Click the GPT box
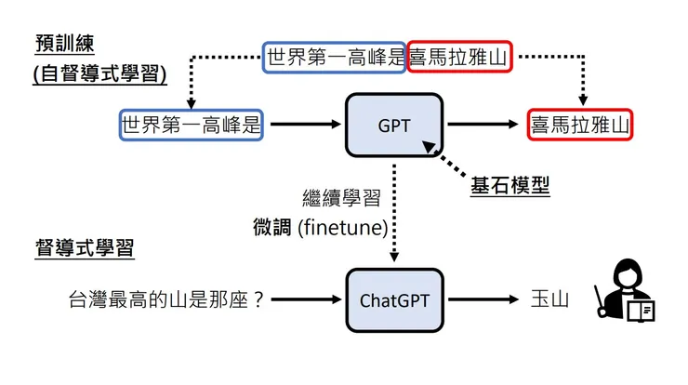pyautogui.click(x=394, y=125)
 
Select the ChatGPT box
pyautogui.click(x=394, y=299)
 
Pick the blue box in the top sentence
pyautogui.click(x=335, y=57)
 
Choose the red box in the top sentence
pyautogui.click(x=459, y=57)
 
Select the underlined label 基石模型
pyautogui.click(x=509, y=186)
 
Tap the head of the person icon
pyautogui.click(x=623, y=276)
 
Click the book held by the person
pyautogui.click(x=641, y=310)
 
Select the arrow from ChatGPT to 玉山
pyautogui.click(x=483, y=299)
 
